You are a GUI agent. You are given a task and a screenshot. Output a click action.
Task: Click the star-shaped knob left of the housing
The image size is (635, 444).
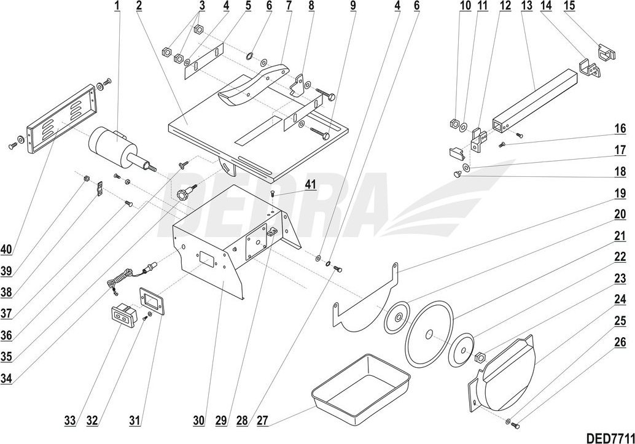point(183,194)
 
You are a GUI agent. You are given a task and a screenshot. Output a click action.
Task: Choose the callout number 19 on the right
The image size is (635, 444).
point(620,193)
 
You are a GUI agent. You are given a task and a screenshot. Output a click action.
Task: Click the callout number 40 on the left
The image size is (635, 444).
point(6,250)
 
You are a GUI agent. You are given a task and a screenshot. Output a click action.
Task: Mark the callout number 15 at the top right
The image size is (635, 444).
point(569,6)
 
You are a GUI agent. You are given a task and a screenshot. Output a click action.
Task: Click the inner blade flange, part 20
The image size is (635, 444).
point(397,318)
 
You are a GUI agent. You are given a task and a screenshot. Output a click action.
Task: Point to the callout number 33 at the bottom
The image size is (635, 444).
point(70,421)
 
